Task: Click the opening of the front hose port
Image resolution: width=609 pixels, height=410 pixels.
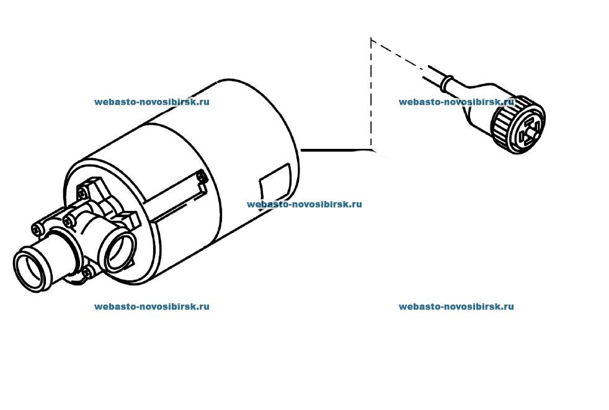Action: point(32,270)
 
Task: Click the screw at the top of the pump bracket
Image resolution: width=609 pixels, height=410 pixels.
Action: point(82,192)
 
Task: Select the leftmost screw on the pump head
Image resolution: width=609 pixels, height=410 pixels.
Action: point(37,228)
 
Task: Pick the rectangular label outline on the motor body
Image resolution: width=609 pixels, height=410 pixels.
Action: point(275,187)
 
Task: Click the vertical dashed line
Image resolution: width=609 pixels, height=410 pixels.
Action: point(371,94)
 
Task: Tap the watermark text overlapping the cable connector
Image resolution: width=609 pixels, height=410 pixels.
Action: point(456,102)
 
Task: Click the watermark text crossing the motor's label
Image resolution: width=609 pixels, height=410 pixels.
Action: point(304,205)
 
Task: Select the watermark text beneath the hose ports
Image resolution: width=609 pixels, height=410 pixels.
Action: point(152,306)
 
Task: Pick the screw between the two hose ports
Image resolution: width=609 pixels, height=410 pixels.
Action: point(68,221)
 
